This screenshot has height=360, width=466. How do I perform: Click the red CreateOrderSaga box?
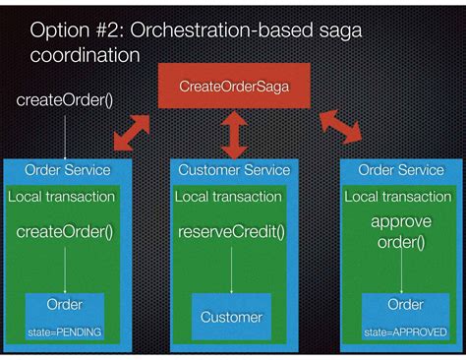click(232, 87)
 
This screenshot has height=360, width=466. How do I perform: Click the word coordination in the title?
click(84, 55)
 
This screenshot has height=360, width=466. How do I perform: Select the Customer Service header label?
click(234, 170)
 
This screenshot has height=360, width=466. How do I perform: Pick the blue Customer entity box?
click(231, 317)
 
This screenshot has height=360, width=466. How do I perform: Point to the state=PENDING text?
click(66, 331)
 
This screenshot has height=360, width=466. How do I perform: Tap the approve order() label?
click(400, 232)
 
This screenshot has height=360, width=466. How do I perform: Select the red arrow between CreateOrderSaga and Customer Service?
click(233, 136)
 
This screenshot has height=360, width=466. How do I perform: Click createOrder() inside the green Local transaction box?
click(65, 233)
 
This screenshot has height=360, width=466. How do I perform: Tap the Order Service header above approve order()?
click(401, 170)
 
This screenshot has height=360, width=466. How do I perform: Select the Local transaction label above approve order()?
click(397, 197)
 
